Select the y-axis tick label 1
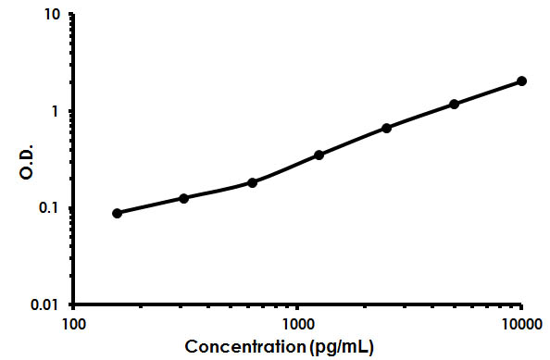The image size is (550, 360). [57, 111]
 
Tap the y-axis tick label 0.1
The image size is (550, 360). [52, 207]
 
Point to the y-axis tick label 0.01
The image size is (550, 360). [48, 304]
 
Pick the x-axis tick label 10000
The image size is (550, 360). [521, 324]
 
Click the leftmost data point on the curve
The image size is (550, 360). [117, 213]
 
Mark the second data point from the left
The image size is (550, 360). [184, 198]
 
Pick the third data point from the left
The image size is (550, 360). [252, 182]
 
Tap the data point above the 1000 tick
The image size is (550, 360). [319, 155]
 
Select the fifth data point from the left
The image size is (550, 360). [386, 128]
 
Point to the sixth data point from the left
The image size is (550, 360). [454, 104]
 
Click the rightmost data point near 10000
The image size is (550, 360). [521, 81]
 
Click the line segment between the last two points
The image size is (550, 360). [488, 93]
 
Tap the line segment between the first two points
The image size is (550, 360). [150, 205]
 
